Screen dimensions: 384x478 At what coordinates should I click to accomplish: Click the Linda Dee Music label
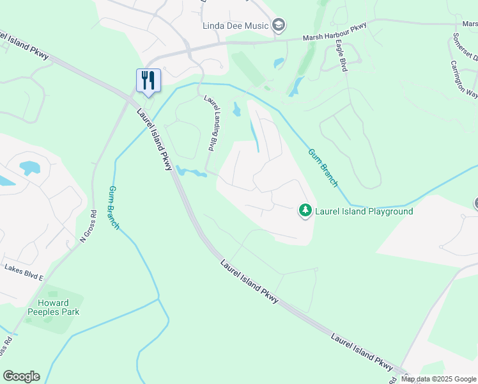click(x=234, y=26)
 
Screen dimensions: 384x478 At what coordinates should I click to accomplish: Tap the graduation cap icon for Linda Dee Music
click(x=278, y=26)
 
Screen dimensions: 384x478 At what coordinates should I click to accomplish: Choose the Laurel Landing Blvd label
click(x=213, y=123)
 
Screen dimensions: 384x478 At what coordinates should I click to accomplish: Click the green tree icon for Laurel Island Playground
click(x=306, y=210)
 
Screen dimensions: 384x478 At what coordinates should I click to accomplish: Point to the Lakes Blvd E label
click(x=24, y=271)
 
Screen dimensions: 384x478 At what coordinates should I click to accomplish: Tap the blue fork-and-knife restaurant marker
click(x=148, y=80)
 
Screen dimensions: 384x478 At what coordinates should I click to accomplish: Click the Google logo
click(x=21, y=376)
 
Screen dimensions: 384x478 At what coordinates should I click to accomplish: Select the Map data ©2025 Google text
click(x=438, y=379)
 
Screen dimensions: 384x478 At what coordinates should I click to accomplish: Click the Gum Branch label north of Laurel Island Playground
click(x=323, y=168)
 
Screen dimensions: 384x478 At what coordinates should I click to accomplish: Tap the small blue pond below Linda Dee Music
click(x=279, y=63)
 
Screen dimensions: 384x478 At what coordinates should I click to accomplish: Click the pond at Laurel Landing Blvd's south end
click(x=189, y=172)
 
